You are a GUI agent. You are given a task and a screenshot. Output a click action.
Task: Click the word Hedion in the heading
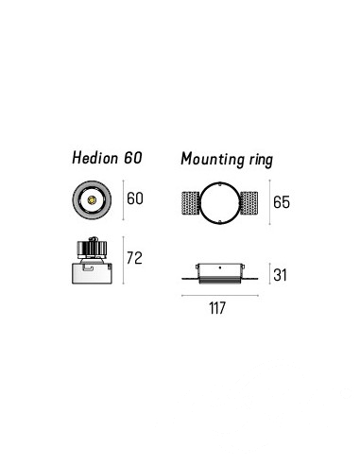tap(95, 158)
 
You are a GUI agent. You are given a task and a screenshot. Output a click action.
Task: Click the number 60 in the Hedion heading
tap(133, 158)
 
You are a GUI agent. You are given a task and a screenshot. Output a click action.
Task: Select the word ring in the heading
tap(261, 160)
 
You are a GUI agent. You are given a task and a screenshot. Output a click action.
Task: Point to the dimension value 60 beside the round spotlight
tap(135, 198)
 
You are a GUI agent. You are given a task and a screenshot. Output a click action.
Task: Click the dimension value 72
tap(134, 258)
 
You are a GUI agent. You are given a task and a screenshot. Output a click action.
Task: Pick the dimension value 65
tap(282, 202)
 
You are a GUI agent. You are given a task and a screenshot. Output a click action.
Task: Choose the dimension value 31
tap(280, 275)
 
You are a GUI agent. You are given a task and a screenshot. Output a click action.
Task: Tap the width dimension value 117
tap(217, 308)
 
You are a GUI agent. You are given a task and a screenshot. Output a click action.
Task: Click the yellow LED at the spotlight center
tap(92, 199)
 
